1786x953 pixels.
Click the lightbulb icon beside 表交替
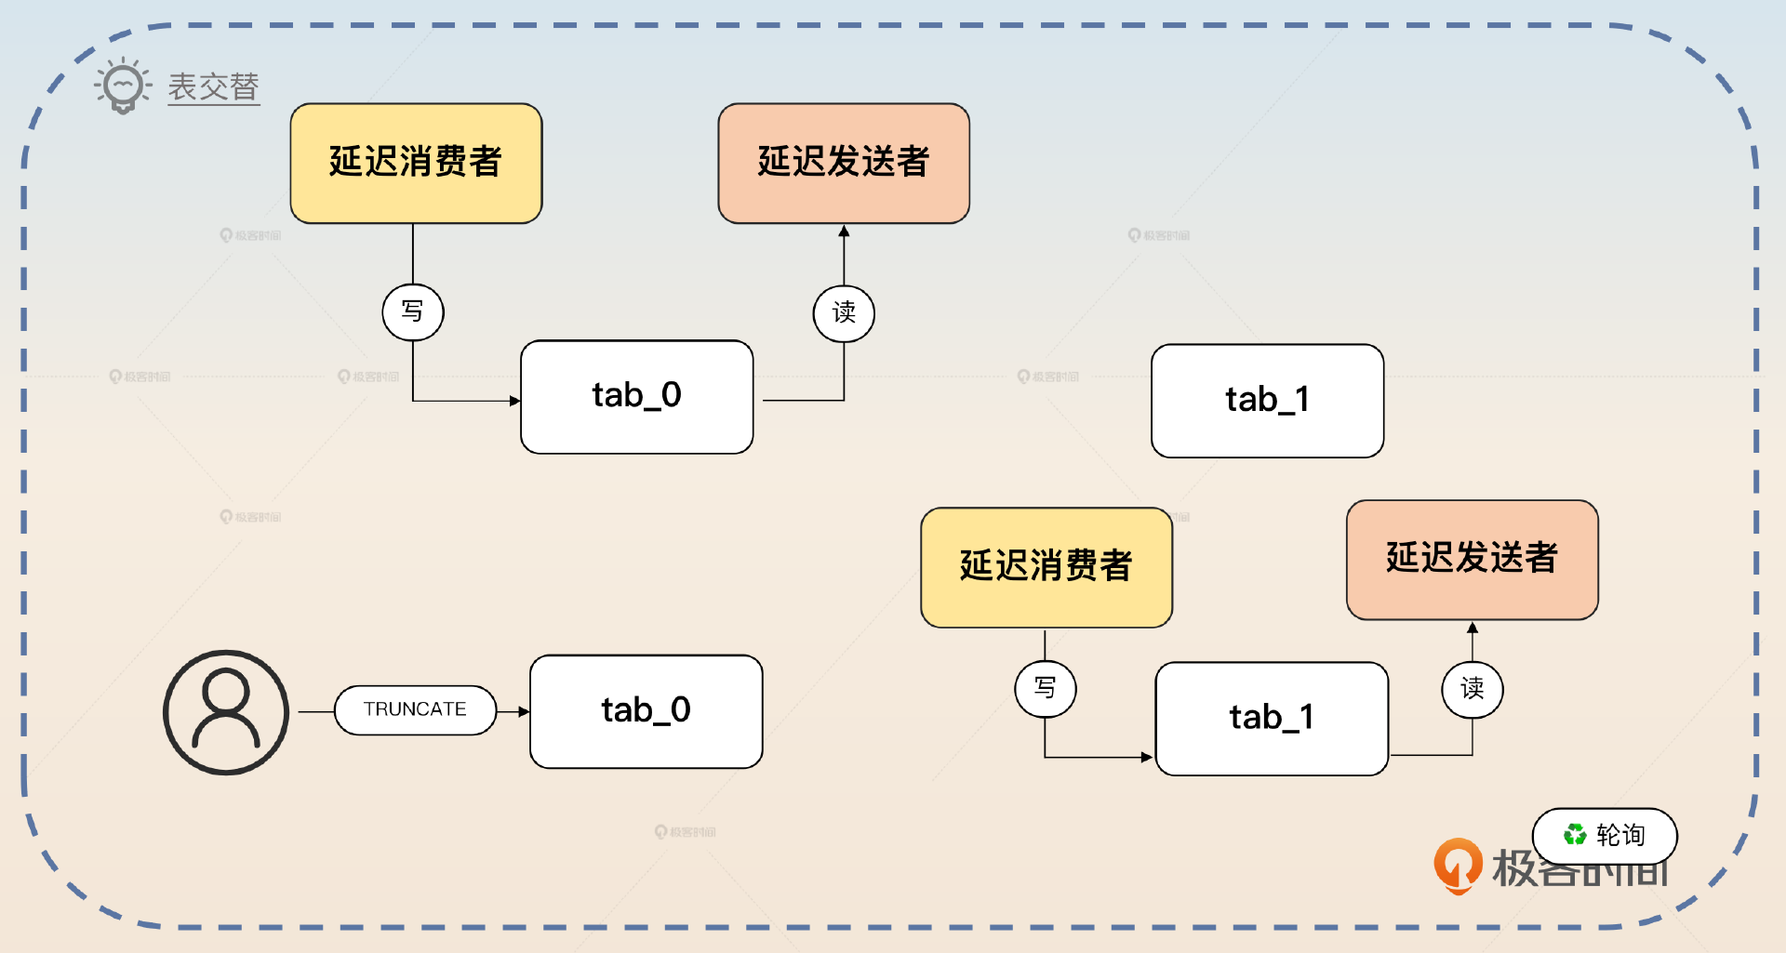click(123, 86)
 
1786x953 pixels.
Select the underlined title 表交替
click(213, 87)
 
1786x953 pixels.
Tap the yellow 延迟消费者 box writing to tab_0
click(416, 163)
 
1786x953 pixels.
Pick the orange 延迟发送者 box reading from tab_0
click(844, 163)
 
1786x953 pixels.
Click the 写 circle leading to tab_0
click(413, 311)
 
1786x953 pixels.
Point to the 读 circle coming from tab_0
click(844, 312)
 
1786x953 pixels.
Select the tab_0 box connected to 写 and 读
click(637, 397)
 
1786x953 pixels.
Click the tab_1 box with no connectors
click(1267, 401)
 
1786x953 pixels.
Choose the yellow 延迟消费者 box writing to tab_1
click(1046, 567)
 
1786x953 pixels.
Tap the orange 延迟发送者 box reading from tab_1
click(1472, 560)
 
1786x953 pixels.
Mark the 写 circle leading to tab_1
click(1046, 688)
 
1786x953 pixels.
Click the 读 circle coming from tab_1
click(1472, 689)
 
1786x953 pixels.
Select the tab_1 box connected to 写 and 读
click(1272, 719)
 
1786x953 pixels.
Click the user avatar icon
click(226, 712)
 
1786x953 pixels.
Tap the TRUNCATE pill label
click(415, 710)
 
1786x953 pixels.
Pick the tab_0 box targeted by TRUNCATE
click(646, 711)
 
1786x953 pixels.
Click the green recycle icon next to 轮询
click(1574, 835)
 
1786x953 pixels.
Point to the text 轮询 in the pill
click(1620, 835)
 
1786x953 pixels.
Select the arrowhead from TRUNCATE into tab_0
click(524, 711)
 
